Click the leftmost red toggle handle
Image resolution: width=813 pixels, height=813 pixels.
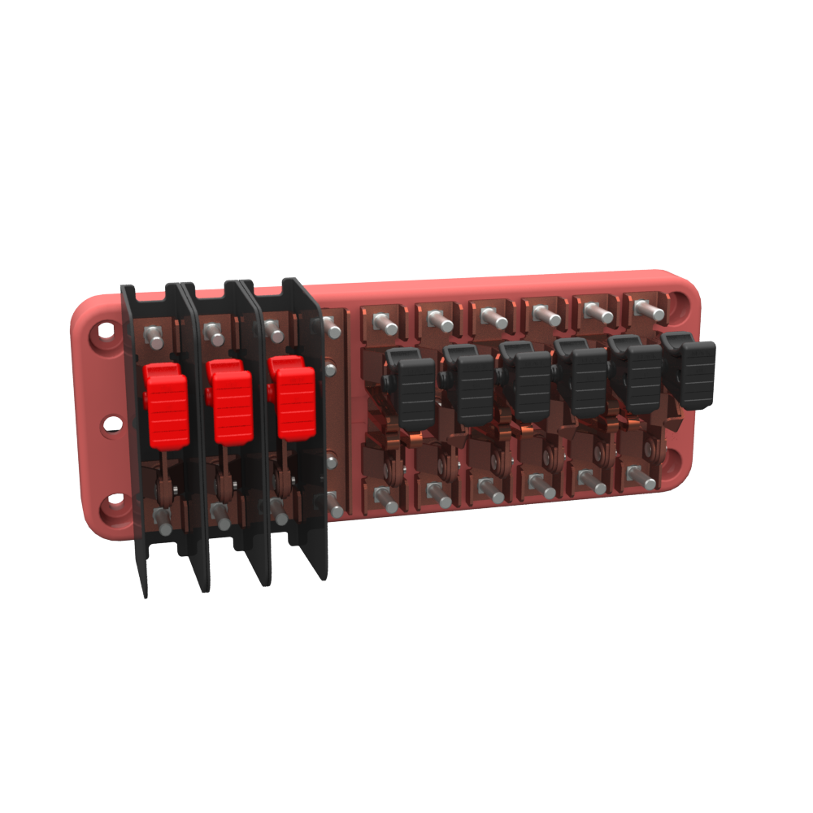(x=167, y=406)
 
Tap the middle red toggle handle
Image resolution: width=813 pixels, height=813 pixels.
(x=232, y=405)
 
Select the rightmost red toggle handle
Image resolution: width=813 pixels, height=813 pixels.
(x=295, y=400)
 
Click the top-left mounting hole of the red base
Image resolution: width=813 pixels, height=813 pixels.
(x=105, y=332)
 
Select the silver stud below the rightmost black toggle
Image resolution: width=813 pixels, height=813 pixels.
(x=645, y=479)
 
